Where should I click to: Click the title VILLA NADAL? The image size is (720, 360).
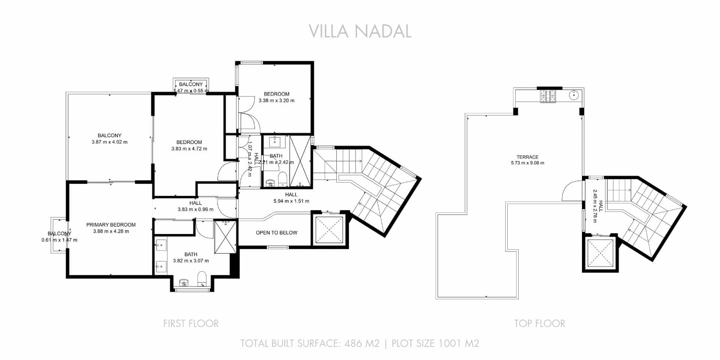click(360, 31)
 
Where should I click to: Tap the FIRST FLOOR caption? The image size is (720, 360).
click(191, 324)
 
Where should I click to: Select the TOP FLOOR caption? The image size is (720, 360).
click(539, 324)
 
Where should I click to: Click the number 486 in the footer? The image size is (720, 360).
click(352, 343)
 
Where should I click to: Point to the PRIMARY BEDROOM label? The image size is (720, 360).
click(111, 225)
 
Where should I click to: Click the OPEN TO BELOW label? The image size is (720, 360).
click(276, 232)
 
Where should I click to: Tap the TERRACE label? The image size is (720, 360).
click(527, 157)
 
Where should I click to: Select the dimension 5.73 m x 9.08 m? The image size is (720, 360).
click(527, 163)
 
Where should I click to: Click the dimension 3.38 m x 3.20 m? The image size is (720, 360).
click(276, 100)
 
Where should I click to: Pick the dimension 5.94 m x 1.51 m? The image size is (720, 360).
click(291, 201)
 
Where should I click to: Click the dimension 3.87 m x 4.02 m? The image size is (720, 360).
click(109, 142)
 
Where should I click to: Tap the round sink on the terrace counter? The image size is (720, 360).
click(573, 95)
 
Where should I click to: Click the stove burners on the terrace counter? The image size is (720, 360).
click(548, 96)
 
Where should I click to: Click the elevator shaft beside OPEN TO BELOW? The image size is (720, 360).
click(329, 229)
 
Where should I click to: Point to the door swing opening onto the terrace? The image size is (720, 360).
click(572, 191)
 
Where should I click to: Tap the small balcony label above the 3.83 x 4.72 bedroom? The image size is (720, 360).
click(191, 84)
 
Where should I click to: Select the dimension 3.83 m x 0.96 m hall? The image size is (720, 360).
click(195, 210)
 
